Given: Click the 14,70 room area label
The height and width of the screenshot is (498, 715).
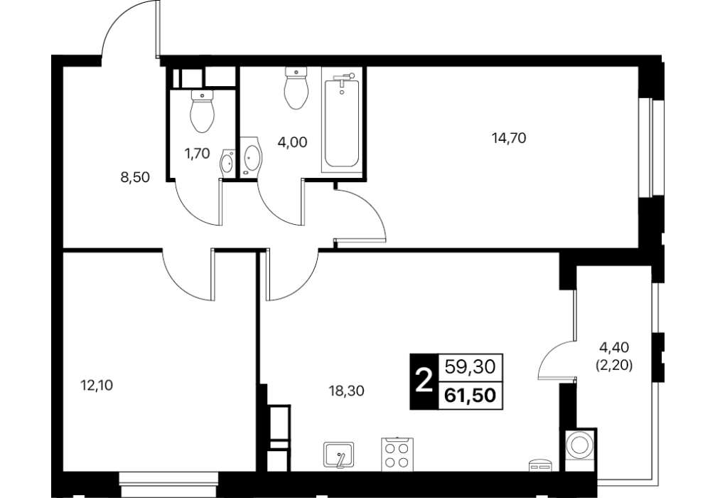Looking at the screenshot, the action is tap(509, 137).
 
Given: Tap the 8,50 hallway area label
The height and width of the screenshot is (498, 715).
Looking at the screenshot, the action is tap(135, 177).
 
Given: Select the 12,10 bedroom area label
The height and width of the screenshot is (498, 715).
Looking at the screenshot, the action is tap(97, 386).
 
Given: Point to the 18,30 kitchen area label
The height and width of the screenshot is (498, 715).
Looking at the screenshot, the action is tap(347, 391).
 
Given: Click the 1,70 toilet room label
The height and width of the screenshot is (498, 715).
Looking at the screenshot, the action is tap(197, 154).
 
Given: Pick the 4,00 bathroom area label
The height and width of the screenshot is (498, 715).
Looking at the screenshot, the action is tap(292, 142).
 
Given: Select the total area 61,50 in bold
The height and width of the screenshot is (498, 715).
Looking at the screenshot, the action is tap(470, 396).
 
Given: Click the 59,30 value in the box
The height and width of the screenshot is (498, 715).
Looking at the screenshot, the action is tap(470, 366).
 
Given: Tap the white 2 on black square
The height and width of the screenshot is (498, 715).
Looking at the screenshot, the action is tap(424, 381).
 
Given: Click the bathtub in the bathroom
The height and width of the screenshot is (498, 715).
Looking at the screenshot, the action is tap(342, 120).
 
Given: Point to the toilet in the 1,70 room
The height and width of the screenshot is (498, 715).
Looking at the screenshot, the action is tap(203, 111).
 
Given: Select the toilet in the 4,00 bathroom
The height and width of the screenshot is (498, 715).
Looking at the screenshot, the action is tap(296, 88).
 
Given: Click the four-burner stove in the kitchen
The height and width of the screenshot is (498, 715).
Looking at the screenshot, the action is tap(397, 454).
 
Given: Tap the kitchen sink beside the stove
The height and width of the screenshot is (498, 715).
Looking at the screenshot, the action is tap(339, 455).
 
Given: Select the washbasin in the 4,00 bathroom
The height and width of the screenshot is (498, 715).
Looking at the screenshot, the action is tap(251, 157).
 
